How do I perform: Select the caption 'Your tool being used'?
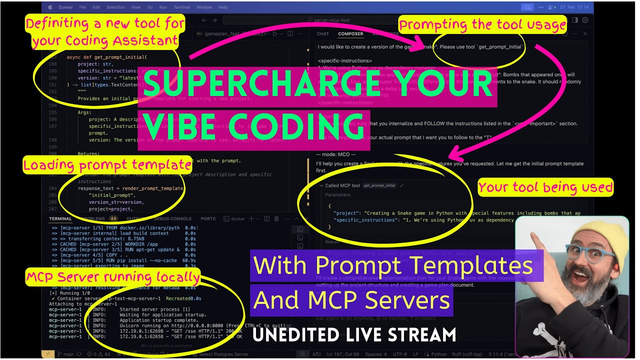coord(545,187)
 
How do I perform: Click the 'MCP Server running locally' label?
coord(112,277)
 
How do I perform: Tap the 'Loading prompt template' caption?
coord(107,164)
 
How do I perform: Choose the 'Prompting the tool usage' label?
coord(482,24)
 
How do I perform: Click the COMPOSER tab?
coord(350,34)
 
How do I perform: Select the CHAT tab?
coord(323,34)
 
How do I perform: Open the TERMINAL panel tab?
coord(60,218)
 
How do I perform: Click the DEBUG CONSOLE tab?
coord(172,218)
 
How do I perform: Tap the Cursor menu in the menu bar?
coord(65,7)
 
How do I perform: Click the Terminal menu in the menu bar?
coord(182,7)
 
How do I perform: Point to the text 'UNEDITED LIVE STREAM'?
coord(354,334)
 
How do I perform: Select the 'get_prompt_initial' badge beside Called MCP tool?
coord(379,185)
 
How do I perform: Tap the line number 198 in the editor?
coord(53,139)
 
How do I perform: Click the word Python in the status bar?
coord(438,354)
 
